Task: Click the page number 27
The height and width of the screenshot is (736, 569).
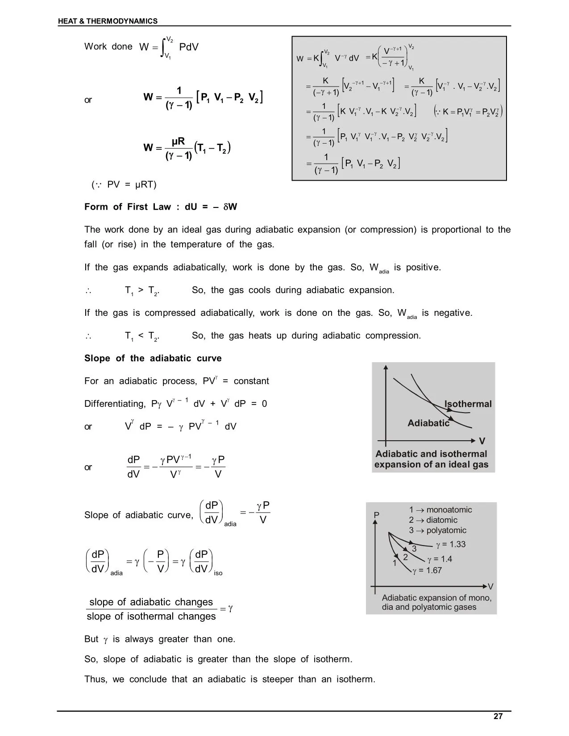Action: pos(498,716)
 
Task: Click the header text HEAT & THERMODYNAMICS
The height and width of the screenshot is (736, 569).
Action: pos(108,21)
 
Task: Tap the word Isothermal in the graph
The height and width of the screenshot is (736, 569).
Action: pos(468,404)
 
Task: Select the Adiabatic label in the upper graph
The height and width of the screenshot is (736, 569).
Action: pos(428,423)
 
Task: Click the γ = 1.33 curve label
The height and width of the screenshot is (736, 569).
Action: pos(451,544)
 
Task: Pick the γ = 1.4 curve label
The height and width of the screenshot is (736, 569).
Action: pos(440,559)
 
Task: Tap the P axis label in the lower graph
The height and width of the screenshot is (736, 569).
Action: pos(376,515)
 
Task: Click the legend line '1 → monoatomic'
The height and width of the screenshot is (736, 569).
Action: pos(440,510)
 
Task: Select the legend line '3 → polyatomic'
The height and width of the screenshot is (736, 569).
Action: pos(437,530)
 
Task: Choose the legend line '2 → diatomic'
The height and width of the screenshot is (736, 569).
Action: pos(433,520)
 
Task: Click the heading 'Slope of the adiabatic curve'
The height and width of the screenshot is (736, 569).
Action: pos(153,359)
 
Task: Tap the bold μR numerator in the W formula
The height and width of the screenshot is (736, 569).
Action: pos(178,142)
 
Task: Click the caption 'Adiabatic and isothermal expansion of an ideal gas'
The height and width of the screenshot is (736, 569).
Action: pos(431,459)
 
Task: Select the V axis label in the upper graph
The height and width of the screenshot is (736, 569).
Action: pos(482,441)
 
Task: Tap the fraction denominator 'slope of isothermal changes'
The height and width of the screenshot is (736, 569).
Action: pos(151,616)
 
